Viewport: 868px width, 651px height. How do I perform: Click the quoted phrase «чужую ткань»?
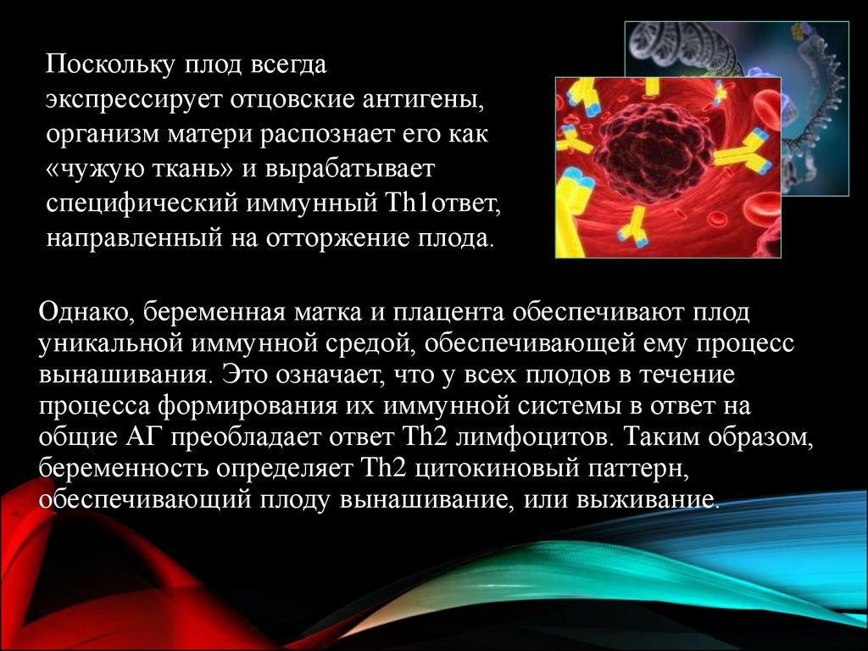click(139, 170)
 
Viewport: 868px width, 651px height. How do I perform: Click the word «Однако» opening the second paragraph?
click(84, 312)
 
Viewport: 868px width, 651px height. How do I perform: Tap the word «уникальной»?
click(111, 344)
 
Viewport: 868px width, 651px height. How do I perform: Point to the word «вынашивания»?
click(124, 375)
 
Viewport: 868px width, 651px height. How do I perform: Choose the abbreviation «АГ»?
click(142, 437)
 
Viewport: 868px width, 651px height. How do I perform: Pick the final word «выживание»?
click(648, 500)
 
